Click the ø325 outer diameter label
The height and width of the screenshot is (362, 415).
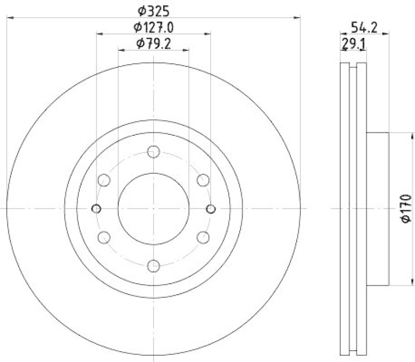[x=153, y=10]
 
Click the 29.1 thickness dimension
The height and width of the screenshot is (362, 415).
[x=353, y=44]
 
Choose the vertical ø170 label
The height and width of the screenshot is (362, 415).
[x=406, y=208]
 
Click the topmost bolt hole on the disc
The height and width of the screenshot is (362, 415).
[x=153, y=151]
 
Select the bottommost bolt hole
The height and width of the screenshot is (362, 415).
[x=153, y=266]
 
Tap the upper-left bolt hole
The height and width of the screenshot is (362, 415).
[x=104, y=180]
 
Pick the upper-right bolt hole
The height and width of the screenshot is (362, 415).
[x=203, y=180]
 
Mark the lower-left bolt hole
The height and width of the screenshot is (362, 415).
[x=104, y=238]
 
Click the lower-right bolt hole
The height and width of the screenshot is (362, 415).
[x=203, y=238]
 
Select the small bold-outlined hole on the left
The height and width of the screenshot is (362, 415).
[x=96, y=208]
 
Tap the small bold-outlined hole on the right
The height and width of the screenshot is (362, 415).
[x=211, y=208]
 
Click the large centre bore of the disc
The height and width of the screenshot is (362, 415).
[x=153, y=208]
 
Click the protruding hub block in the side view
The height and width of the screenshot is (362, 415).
[x=377, y=208]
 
